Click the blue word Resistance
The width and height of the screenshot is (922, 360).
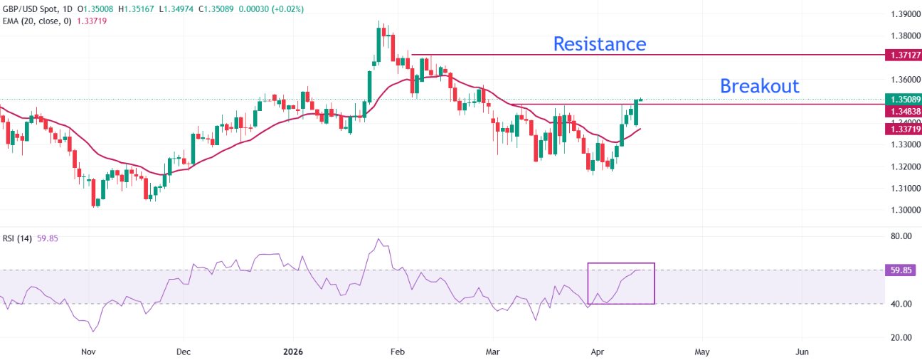[x=600, y=44]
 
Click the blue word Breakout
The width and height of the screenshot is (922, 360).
[x=759, y=86]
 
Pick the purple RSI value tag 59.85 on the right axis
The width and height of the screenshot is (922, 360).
[x=900, y=270]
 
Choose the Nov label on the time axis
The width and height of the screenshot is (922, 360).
[x=88, y=351]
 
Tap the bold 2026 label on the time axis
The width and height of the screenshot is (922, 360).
[x=293, y=351]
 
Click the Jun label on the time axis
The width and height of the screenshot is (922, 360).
[x=802, y=351]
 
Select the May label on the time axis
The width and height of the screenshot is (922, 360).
[x=701, y=351]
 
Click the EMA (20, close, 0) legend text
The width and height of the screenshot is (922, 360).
[x=36, y=21]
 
